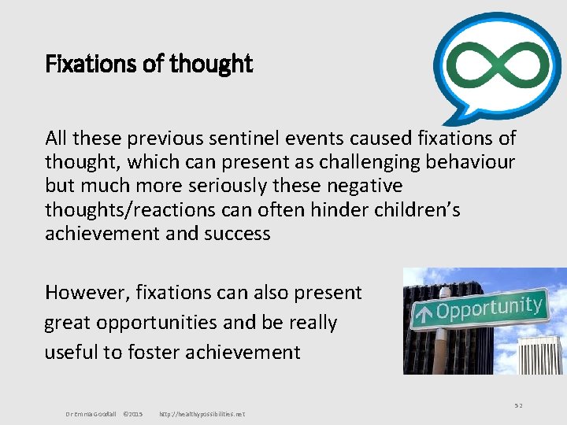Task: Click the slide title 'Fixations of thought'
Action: [149, 64]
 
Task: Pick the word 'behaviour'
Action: [472, 162]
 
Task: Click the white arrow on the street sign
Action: [424, 315]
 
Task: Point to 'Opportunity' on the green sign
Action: [488, 308]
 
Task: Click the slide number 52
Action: [518, 405]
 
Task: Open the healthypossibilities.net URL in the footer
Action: [202, 414]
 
